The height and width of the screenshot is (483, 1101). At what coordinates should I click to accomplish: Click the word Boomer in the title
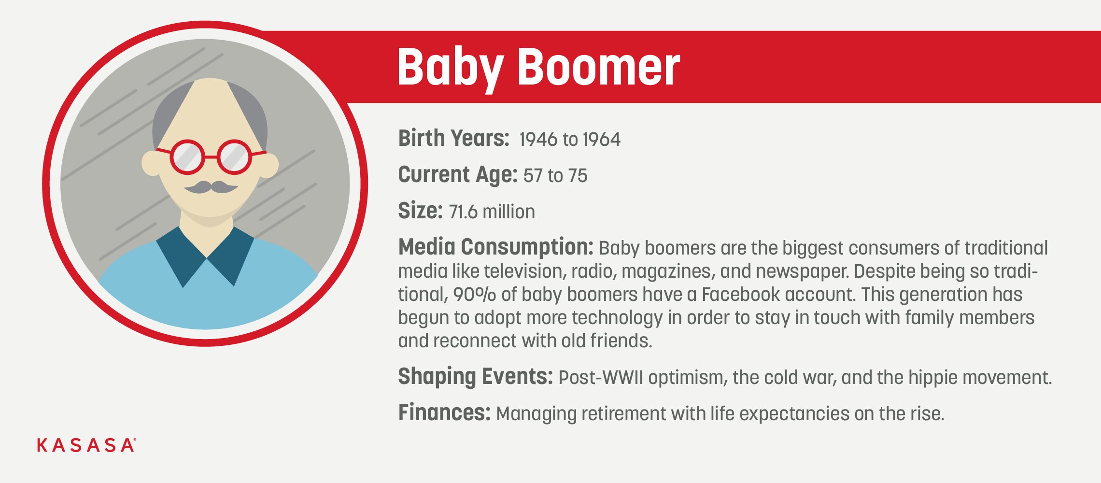[599, 67]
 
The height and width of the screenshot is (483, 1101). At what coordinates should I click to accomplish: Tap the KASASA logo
[86, 445]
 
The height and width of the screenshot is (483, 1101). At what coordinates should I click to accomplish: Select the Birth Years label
[453, 138]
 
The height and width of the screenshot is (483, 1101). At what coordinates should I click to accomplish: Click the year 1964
[602, 140]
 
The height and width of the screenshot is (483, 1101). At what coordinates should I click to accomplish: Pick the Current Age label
[458, 175]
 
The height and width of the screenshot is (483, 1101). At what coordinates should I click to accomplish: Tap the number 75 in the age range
[578, 176]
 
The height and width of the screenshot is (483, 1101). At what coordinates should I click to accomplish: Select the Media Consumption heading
[495, 247]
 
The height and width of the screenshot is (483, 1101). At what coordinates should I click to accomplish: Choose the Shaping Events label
[475, 377]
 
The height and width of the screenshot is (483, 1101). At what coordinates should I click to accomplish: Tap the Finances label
[444, 413]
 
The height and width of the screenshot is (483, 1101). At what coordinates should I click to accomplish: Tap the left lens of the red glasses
[187, 157]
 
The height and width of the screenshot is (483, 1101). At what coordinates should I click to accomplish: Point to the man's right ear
[151, 163]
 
